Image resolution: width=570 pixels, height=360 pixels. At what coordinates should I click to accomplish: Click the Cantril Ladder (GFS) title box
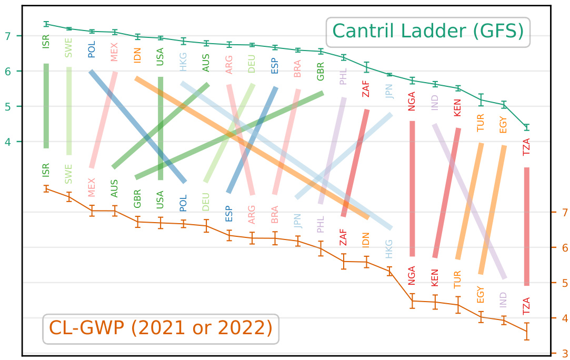pyautogui.click(x=428, y=32)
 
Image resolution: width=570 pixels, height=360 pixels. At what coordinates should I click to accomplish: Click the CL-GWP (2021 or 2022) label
pyautogui.click(x=161, y=328)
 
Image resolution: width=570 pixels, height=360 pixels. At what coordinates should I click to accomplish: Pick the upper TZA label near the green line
pyautogui.click(x=527, y=146)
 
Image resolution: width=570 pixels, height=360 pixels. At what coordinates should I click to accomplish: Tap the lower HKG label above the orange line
pyautogui.click(x=389, y=249)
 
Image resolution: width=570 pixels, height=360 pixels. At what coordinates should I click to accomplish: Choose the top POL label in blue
pyautogui.click(x=92, y=51)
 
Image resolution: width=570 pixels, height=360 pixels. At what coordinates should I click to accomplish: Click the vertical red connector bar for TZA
pyautogui.click(x=527, y=226)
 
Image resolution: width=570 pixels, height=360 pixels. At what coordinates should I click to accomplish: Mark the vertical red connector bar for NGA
pyautogui.click(x=412, y=188)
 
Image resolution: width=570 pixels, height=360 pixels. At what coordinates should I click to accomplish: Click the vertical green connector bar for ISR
pyautogui.click(x=46, y=106)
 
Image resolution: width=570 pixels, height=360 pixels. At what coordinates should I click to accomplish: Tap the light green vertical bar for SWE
pyautogui.click(x=69, y=111)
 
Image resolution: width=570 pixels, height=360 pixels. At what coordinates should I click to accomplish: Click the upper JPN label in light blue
pyautogui.click(x=389, y=91)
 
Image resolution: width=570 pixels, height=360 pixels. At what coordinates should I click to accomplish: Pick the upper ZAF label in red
pyautogui.click(x=366, y=87)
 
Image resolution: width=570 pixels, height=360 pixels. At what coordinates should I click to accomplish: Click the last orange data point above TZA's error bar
pyautogui.click(x=527, y=331)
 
